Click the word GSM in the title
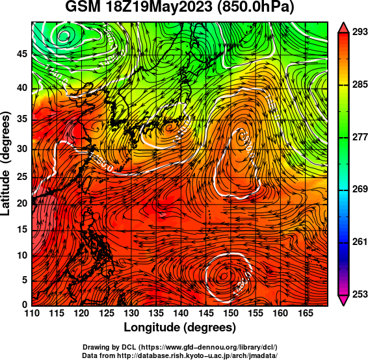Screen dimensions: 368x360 [83, 7]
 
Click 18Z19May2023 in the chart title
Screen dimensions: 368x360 [159, 7]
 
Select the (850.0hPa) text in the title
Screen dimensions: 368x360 [256, 8]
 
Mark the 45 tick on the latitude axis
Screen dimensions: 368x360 [22, 54]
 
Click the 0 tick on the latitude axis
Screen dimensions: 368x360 [25, 305]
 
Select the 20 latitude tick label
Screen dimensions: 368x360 [22, 203]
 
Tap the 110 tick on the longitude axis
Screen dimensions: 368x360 [32, 314]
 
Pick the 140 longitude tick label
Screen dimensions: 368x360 [181, 314]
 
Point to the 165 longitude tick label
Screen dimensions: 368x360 [306, 314]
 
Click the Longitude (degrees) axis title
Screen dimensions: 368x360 [180, 328]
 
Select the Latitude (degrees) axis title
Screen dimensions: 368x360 [6, 164]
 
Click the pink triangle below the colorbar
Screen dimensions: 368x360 [343, 300]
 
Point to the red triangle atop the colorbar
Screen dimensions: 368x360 [343, 27]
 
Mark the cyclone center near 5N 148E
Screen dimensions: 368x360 [223, 276]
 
